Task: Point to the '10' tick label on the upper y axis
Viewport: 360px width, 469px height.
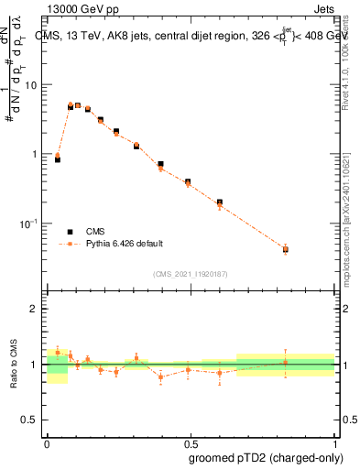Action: (32, 85)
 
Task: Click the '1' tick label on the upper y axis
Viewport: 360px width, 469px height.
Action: (36, 154)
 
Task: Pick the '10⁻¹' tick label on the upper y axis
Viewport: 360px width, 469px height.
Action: (30, 224)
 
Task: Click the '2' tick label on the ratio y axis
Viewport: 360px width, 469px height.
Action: (36, 309)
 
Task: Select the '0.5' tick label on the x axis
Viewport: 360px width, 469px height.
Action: (191, 442)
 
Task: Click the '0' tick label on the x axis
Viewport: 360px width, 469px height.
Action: (47, 442)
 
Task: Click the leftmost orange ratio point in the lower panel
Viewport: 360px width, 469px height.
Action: (58, 352)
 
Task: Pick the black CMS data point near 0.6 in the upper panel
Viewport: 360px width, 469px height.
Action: (220, 202)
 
